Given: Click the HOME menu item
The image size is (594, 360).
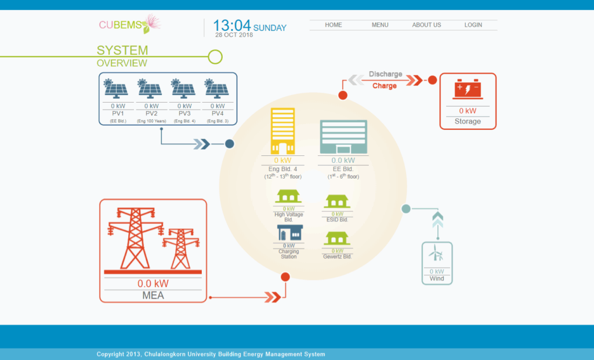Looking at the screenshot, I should click(334, 25).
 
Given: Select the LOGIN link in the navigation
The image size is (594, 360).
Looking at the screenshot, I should click(473, 25).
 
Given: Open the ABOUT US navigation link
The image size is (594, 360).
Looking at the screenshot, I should click(426, 25).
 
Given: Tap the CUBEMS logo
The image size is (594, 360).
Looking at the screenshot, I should click(129, 24).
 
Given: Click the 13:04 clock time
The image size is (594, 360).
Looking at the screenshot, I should click(231, 26).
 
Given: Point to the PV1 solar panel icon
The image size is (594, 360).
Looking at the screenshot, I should click(117, 89).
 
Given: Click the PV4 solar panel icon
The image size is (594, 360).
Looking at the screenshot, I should click(218, 89).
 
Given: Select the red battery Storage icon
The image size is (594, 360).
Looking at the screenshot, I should click(468, 90).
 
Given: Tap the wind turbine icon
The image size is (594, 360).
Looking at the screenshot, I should click(436, 254).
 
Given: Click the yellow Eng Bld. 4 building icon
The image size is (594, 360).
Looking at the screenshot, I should click(282, 132).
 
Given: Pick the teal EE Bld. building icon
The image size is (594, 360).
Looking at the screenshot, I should click(343, 137).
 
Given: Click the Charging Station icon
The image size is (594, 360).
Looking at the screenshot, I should click(289, 232).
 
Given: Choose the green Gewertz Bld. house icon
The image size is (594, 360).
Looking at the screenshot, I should click(337, 238).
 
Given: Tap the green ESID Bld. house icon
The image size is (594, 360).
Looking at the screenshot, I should click(337, 201).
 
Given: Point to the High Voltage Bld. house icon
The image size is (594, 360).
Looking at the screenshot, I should click(289, 197).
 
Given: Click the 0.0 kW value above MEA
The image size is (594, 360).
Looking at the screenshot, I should click(153, 283).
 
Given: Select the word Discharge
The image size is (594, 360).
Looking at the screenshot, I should click(385, 74).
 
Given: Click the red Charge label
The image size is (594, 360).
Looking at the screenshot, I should click(385, 86).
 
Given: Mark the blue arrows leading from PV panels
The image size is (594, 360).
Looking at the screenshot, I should click(201, 144).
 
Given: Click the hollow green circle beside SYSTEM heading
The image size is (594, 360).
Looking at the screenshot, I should click(215, 56).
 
